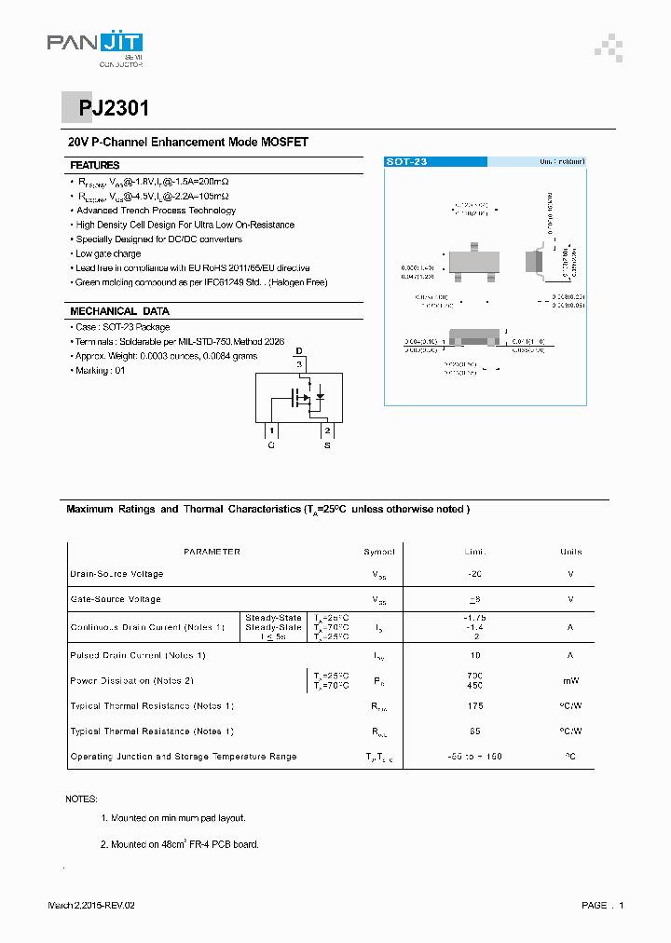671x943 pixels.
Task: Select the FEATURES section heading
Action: pyautogui.click(x=95, y=165)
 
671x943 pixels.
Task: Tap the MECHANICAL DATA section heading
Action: pyautogui.click(x=119, y=311)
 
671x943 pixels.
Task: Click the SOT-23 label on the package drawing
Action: pyautogui.click(x=407, y=162)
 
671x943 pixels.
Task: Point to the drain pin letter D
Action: pyautogui.click(x=299, y=351)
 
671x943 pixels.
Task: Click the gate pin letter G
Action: pyautogui.click(x=271, y=446)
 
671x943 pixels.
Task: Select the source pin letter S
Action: pyautogui.click(x=327, y=446)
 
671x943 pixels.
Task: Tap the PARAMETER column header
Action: pyautogui.click(x=212, y=552)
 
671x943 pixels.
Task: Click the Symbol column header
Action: pyautogui.click(x=379, y=552)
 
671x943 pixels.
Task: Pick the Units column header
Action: pyautogui.click(x=570, y=552)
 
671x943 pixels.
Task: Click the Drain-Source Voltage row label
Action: pyautogui.click(x=116, y=574)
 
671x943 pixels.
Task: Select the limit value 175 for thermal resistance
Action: pyautogui.click(x=475, y=706)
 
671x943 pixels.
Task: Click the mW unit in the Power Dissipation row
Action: pyautogui.click(x=570, y=681)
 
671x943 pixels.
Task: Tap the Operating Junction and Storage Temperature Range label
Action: pyautogui.click(x=184, y=757)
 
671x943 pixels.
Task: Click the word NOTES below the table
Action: pyautogui.click(x=81, y=799)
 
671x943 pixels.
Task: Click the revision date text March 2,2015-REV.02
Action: pyautogui.click(x=97, y=906)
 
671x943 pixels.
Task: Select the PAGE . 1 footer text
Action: pyautogui.click(x=602, y=906)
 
